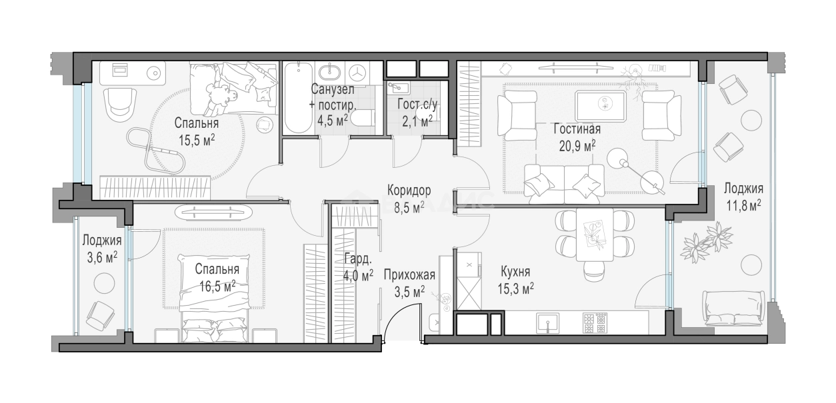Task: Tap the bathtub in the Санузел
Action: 298,98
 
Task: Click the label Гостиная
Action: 577,129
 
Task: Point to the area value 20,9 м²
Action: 577,146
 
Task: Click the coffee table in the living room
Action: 601,105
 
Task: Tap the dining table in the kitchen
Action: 595,235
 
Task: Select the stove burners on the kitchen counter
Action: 595,323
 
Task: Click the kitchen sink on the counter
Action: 548,323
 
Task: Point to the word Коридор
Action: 409,191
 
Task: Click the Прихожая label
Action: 409,275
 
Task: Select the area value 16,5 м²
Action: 217,286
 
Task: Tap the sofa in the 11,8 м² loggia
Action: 732,308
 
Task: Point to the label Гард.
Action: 358,258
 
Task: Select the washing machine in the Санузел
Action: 360,73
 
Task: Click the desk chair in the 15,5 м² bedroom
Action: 119,103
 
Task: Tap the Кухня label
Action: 515,272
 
